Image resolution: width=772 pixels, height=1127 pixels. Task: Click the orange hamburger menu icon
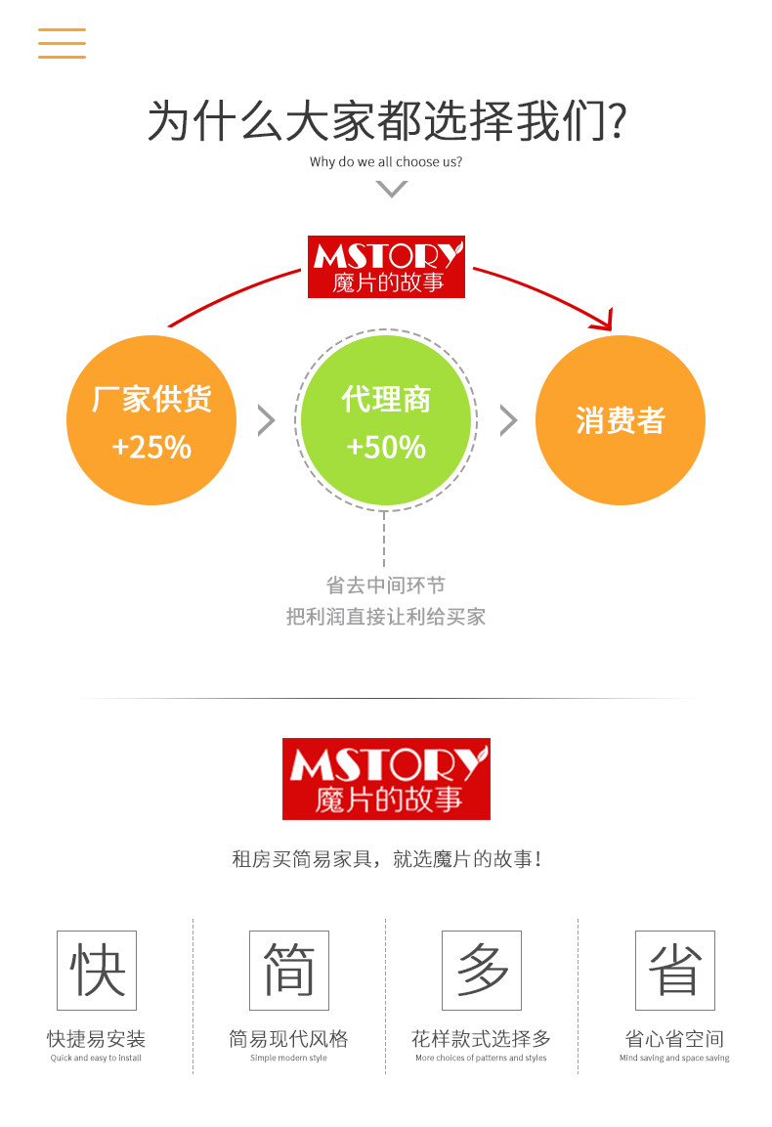[x=62, y=43]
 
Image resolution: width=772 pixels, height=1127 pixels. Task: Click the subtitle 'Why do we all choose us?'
[x=386, y=162]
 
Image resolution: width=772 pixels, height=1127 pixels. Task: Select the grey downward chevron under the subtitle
[x=391, y=189]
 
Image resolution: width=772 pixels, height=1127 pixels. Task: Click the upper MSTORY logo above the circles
[x=386, y=266]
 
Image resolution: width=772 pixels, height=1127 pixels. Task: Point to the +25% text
[x=151, y=448]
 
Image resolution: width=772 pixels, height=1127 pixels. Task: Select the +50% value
[x=386, y=448]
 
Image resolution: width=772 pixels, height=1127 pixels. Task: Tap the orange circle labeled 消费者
[x=621, y=420]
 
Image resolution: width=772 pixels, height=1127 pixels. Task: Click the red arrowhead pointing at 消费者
[x=605, y=320]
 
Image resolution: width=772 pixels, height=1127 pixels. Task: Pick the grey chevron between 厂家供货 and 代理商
[x=267, y=420]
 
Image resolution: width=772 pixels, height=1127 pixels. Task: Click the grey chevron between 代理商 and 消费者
[x=508, y=420]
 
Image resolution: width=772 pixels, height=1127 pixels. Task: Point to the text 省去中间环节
[x=386, y=585]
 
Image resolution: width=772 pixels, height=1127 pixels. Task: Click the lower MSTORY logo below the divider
[x=386, y=778]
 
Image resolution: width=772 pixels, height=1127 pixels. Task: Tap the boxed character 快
[x=97, y=970]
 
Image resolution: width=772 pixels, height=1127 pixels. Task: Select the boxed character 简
[x=289, y=970]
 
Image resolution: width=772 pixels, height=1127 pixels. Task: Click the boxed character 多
[x=482, y=970]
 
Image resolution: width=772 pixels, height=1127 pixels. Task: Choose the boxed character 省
[x=675, y=970]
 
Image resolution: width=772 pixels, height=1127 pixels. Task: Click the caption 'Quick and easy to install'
[x=96, y=1058]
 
